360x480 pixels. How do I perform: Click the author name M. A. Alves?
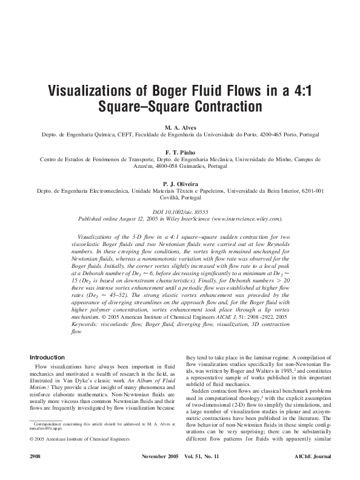pos(179,128)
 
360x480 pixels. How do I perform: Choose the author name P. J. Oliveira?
pos(179,182)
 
